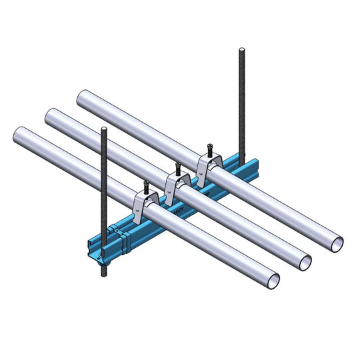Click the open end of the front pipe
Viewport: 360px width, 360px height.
point(270,280)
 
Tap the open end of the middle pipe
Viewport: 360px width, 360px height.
point(304,262)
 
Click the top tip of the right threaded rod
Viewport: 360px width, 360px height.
point(241,49)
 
